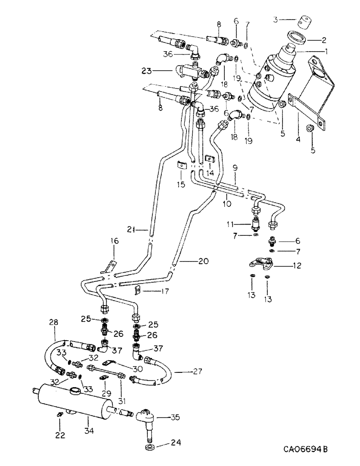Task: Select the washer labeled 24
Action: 151,448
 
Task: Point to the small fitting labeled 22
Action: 59,415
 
